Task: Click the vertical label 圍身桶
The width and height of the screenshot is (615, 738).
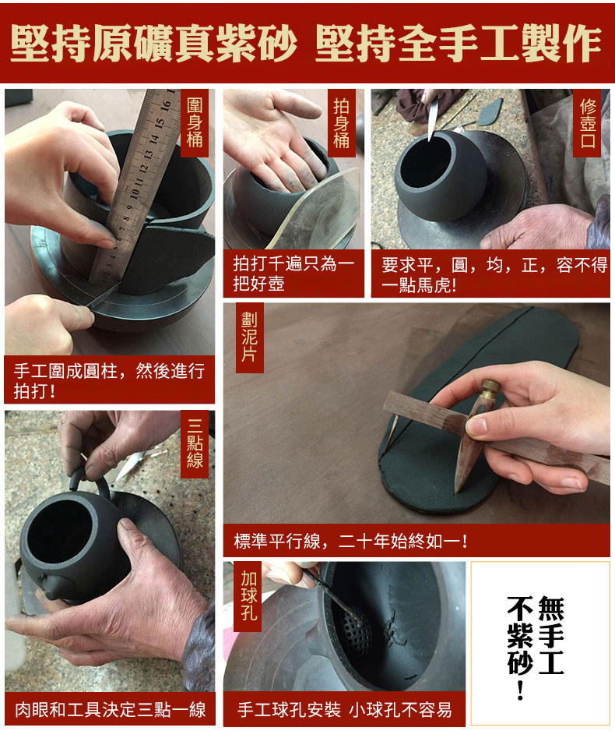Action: tap(195, 122)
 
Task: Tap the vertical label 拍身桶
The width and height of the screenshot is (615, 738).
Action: tap(342, 122)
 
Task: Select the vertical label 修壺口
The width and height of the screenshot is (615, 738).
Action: tap(588, 123)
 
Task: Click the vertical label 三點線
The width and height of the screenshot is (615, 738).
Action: tap(195, 443)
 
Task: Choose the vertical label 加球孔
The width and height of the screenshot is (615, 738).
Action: tap(248, 595)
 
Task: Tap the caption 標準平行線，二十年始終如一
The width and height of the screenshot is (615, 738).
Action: tap(351, 541)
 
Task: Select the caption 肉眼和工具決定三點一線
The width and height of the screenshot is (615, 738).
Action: tap(110, 709)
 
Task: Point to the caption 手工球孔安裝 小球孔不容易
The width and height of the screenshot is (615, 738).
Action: tap(345, 709)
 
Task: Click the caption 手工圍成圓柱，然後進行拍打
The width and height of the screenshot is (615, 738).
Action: tap(109, 381)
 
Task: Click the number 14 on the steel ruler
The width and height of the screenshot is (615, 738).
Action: tap(153, 139)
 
